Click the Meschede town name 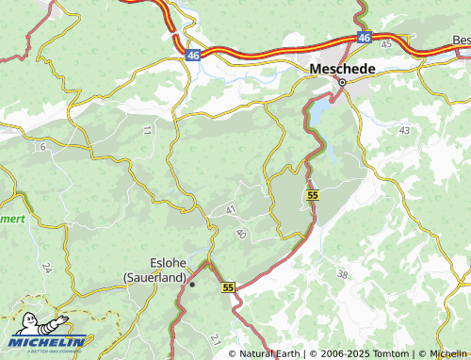click(343, 69)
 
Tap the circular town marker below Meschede click(343, 82)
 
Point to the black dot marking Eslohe click(191, 283)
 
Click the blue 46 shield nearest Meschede click(364, 37)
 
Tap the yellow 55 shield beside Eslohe click(228, 286)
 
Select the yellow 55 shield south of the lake click(312, 194)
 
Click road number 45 click(386, 43)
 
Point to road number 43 click(404, 129)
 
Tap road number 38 click(342, 274)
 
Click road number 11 click(147, 128)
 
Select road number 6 click(42, 147)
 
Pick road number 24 click(46, 267)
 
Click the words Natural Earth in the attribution click(267, 353)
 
